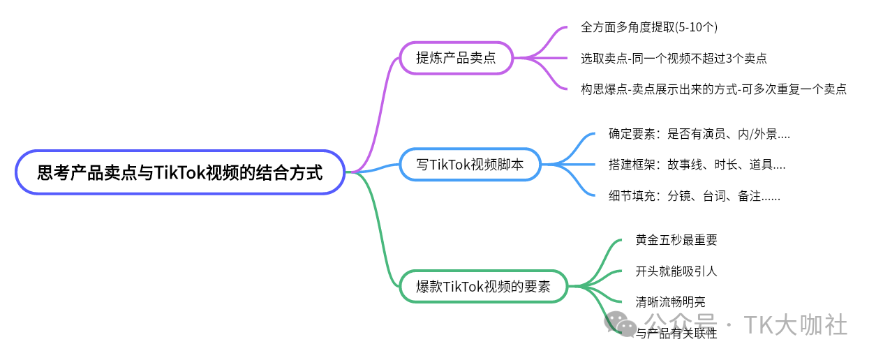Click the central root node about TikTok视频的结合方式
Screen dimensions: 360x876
(x=180, y=172)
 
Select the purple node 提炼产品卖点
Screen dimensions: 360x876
(x=456, y=58)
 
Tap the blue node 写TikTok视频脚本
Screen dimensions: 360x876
(x=470, y=165)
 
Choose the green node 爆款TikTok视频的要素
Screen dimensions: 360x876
(x=483, y=286)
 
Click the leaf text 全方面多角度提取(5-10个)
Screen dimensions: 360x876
(x=649, y=27)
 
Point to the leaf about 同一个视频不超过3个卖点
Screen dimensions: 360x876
(x=674, y=59)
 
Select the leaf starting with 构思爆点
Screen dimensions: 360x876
(x=713, y=89)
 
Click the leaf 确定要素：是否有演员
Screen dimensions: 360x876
(x=699, y=134)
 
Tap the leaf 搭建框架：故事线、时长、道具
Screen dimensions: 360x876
(x=697, y=165)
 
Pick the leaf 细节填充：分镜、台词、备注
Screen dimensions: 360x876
(x=694, y=196)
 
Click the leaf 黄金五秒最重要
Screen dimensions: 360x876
(x=676, y=240)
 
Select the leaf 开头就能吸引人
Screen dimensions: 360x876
(x=676, y=271)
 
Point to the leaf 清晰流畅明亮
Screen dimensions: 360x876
(x=670, y=302)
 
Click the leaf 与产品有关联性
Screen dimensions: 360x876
(x=676, y=333)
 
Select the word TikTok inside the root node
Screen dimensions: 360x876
(x=177, y=172)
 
